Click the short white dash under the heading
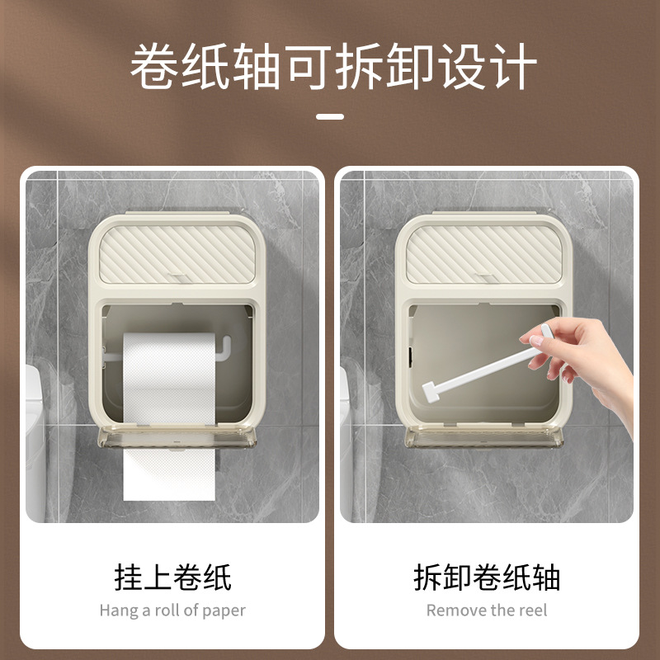tap(330, 116)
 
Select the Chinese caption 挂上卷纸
tap(172, 577)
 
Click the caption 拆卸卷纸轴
tap(487, 577)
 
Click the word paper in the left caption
tap(224, 611)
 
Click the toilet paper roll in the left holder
tap(169, 379)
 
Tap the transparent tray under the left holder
tap(173, 439)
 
